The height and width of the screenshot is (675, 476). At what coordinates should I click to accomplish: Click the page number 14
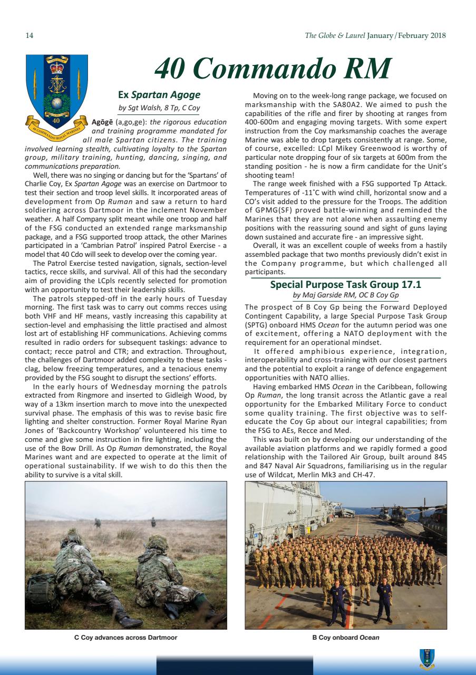30,36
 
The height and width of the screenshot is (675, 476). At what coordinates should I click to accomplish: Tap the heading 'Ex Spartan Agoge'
159,95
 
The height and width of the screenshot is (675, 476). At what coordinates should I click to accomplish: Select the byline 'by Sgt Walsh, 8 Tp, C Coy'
159,109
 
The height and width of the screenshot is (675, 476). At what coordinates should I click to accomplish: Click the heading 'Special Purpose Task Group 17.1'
346,284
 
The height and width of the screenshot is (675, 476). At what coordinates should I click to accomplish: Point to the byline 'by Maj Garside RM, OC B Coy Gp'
346,295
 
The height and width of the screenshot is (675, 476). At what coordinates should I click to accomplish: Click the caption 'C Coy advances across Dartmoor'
125,638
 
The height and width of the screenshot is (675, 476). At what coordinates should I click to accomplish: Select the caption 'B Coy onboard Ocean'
346,638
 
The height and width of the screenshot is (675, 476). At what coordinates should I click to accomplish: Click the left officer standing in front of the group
336,601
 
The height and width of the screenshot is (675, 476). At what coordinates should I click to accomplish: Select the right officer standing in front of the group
384,599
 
